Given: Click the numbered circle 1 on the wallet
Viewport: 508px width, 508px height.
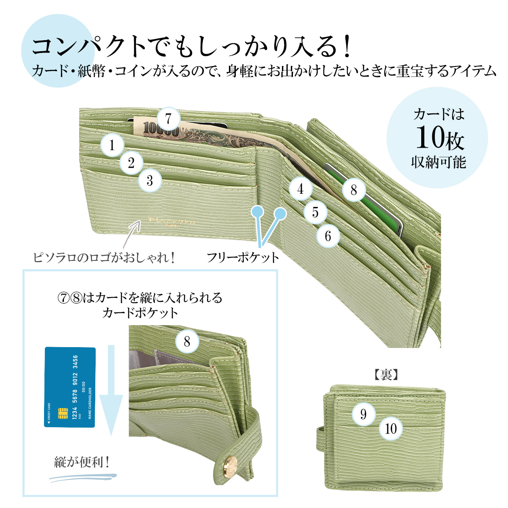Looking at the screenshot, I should (x=112, y=145).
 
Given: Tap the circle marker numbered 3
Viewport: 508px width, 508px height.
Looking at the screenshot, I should (x=149, y=180).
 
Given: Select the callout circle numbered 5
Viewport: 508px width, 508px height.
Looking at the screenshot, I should (x=315, y=212).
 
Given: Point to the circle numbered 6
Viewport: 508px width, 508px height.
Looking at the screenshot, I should (x=328, y=236).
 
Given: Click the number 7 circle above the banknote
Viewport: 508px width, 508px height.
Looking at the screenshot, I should (x=168, y=119).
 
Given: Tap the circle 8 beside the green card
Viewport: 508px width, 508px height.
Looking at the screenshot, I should (x=354, y=190).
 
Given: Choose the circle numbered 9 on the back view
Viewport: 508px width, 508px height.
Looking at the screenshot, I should (x=363, y=414).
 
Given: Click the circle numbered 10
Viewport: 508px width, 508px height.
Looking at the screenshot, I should (x=391, y=429).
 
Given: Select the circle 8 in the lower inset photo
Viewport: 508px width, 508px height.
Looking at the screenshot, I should (x=187, y=342).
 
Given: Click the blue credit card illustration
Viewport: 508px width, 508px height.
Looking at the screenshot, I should (x=70, y=387).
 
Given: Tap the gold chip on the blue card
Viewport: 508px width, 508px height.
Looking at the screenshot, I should (x=63, y=413).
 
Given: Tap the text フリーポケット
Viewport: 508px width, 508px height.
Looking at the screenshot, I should (x=243, y=257).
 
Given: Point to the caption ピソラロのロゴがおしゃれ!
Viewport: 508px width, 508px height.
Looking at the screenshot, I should (x=104, y=257).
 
